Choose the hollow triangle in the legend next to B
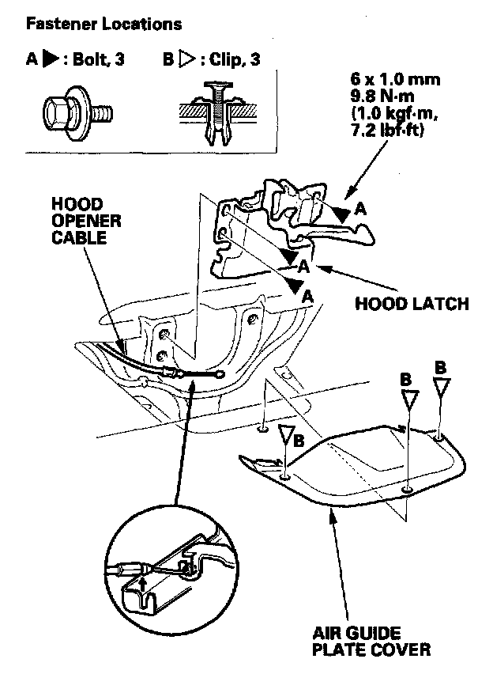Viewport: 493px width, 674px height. [187, 60]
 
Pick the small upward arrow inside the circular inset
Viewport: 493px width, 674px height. [142, 586]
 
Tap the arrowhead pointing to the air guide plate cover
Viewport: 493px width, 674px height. [333, 515]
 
